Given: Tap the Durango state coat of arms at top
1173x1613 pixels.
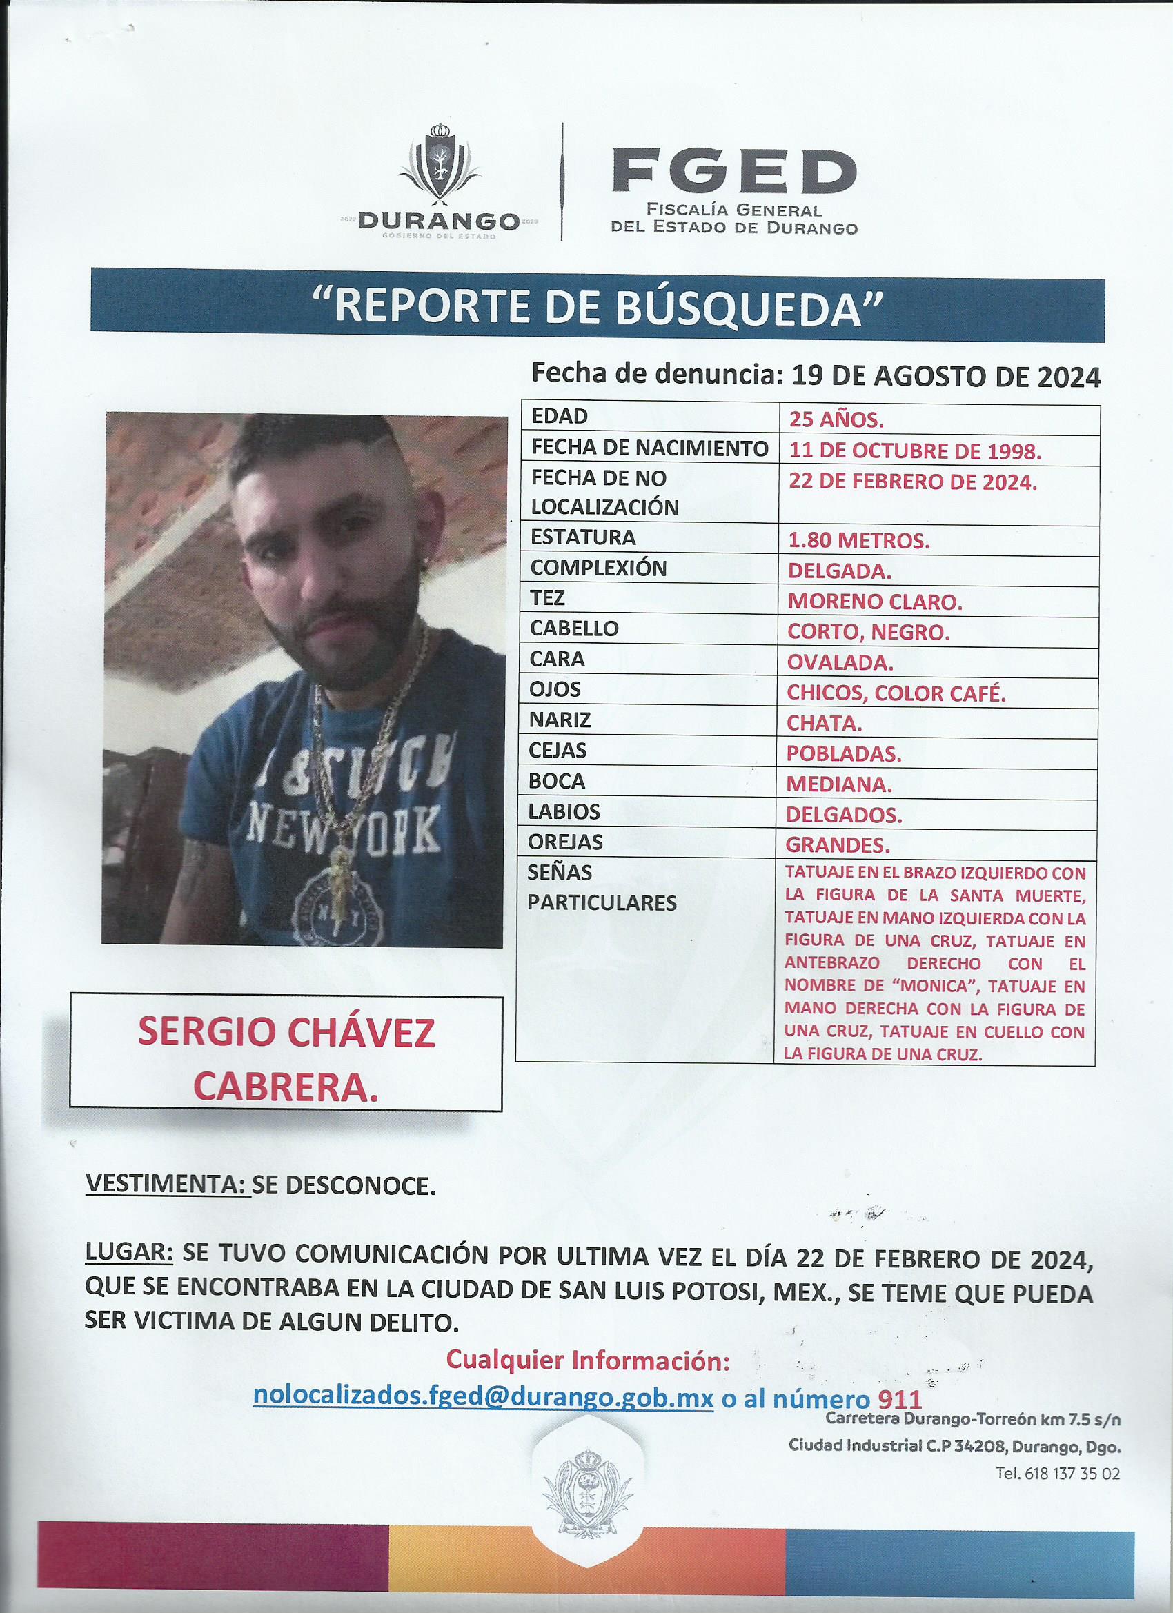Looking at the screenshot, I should pyautogui.click(x=438, y=164).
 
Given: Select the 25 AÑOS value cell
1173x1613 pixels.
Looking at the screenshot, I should pyautogui.click(x=836, y=420).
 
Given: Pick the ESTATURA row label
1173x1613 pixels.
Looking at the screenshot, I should pyautogui.click(x=583, y=537).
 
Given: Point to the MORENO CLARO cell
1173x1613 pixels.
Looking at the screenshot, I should pyautogui.click(x=875, y=602).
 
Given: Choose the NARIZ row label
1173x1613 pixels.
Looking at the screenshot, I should pyautogui.click(x=560, y=720).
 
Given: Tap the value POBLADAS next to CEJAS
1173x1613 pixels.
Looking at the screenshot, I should pyautogui.click(x=844, y=754).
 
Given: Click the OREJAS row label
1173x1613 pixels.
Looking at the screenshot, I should pyautogui.click(x=566, y=842).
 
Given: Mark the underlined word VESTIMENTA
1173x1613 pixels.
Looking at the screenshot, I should pyautogui.click(x=167, y=1185).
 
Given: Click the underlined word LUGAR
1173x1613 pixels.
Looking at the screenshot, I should pyautogui.click(x=129, y=1253).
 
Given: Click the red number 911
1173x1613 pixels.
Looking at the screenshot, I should pyautogui.click(x=900, y=1399).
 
